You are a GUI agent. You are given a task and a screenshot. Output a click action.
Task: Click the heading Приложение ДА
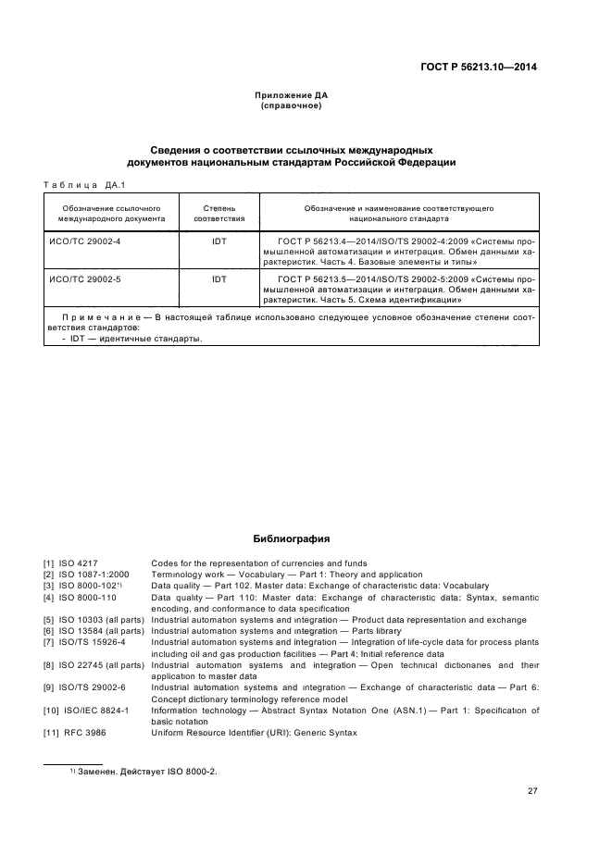coord(291,95)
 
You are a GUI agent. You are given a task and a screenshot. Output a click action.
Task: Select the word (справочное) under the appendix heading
coord(291,105)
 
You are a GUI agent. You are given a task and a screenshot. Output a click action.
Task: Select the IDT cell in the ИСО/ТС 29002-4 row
coord(219,241)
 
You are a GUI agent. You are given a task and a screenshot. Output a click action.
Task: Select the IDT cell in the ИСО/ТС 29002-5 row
coord(219,278)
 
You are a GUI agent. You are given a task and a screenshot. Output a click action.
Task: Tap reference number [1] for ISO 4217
coord(48,563)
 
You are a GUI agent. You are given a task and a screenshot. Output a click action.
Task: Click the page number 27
coord(532,791)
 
